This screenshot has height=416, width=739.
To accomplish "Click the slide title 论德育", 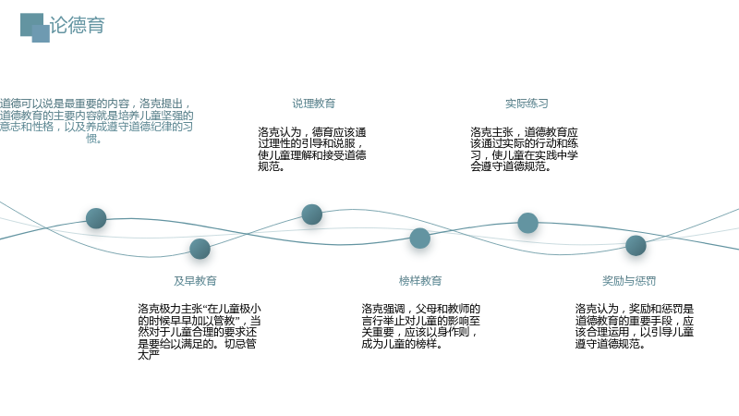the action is tap(78, 25).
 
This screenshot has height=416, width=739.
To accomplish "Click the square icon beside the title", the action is tap(35, 28).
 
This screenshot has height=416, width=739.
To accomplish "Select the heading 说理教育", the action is tap(314, 104).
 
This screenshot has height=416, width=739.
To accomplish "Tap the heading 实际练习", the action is tap(527, 104).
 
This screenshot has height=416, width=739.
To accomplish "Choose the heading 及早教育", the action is tap(195, 281).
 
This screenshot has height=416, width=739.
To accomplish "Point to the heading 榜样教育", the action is tap(420, 281).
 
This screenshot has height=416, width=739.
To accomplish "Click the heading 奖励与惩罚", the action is tap(629, 281).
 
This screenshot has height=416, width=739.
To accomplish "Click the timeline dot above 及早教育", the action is tap(200, 249).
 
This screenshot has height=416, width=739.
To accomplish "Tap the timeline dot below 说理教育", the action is tap(312, 214).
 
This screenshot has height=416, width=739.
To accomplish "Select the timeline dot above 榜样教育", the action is tap(420, 239).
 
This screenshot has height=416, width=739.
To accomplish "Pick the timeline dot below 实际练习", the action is tap(527, 223).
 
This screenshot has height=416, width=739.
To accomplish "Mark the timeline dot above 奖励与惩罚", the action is tap(636, 245).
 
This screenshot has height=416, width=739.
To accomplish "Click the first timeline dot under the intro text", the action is tap(96, 218).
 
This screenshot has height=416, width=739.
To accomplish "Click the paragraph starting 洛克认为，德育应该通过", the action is tap(312, 149).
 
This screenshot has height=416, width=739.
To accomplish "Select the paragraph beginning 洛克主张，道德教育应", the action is tap(524, 149).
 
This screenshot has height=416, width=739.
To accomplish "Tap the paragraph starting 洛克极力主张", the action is tap(200, 332).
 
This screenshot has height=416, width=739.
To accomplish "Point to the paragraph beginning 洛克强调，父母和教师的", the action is tap(421, 326).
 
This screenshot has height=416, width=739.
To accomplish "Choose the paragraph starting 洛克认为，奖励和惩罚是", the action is tap(635, 326).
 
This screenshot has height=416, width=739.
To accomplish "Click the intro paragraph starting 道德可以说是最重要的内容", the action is tap(97, 121).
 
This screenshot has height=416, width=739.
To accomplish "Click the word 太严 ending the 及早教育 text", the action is tap(149, 355).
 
